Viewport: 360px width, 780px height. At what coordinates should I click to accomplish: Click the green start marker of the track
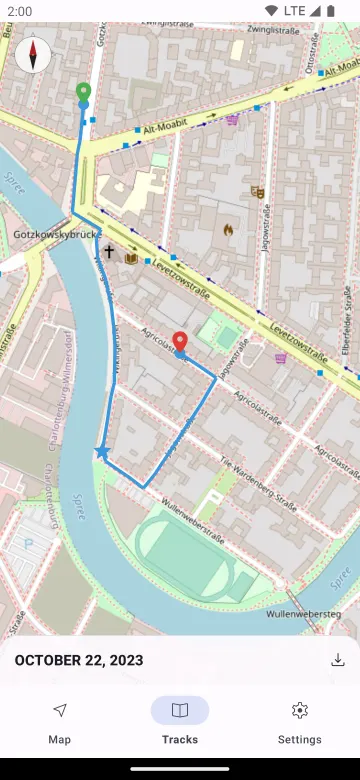83,94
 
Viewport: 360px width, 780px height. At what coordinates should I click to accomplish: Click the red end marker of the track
180,343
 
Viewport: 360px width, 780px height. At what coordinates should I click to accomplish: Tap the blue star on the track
102,452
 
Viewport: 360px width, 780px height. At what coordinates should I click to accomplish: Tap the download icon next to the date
338,660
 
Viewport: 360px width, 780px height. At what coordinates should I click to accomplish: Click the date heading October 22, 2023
78,660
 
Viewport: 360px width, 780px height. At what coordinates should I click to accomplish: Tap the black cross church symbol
109,252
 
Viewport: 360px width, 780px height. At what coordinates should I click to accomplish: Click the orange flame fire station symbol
228,229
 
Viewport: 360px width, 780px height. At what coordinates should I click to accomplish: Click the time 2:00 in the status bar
19,10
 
